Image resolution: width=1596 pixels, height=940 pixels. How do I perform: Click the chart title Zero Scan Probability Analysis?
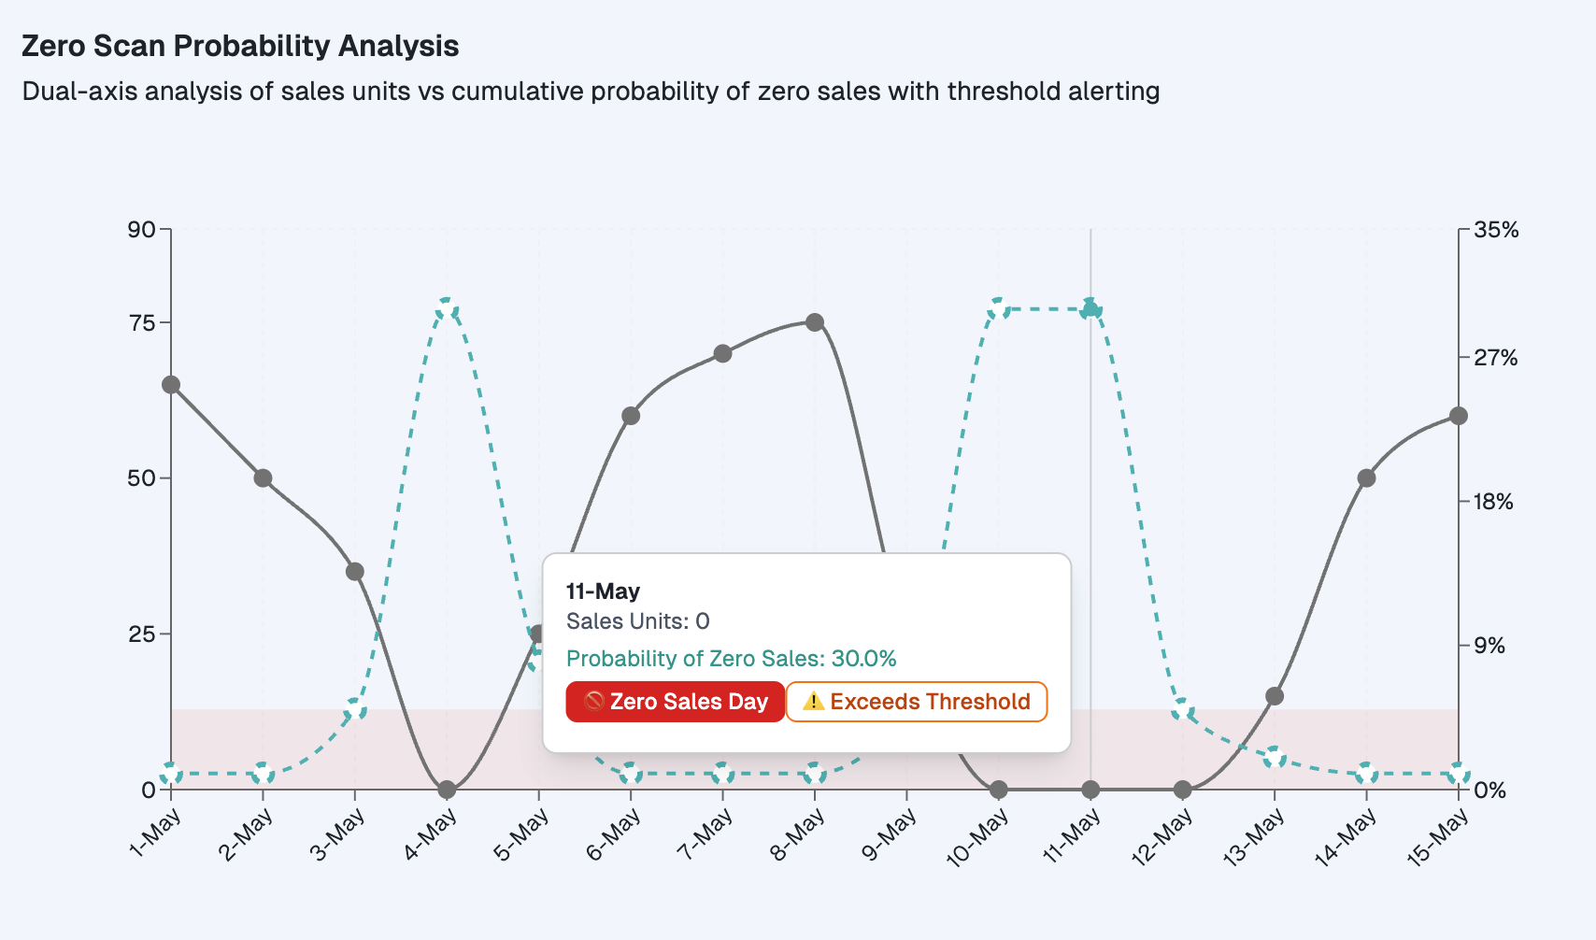pyautogui.click(x=240, y=46)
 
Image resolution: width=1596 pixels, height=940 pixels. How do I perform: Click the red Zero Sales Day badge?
pyautogui.click(x=675, y=702)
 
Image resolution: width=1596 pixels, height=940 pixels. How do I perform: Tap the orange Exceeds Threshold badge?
pyautogui.click(x=917, y=702)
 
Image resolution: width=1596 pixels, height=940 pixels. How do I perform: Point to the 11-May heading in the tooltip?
pyautogui.click(x=603, y=591)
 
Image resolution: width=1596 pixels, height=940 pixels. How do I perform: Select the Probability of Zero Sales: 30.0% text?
pyautogui.click(x=731, y=659)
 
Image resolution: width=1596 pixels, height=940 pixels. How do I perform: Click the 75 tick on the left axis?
pyautogui.click(x=141, y=323)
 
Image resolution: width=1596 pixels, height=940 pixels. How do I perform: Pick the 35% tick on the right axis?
pyautogui.click(x=1496, y=230)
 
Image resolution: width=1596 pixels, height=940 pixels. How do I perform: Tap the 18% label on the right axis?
pyautogui.click(x=1493, y=502)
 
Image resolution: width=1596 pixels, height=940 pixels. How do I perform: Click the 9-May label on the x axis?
pyautogui.click(x=890, y=834)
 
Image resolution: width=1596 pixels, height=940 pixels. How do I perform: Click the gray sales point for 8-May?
pyautogui.click(x=815, y=323)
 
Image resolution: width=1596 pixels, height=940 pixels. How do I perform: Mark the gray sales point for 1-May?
pyautogui.click(x=171, y=385)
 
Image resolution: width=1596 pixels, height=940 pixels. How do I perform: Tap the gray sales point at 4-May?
pyautogui.click(x=447, y=790)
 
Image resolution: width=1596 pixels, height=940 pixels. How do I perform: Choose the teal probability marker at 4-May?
pyautogui.click(x=447, y=309)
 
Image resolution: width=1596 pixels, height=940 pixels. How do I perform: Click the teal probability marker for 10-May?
pyautogui.click(x=999, y=309)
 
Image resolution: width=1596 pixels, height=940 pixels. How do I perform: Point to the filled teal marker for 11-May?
pyautogui.click(x=1090, y=309)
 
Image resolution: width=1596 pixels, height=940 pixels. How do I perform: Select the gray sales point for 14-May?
pyautogui.click(x=1366, y=478)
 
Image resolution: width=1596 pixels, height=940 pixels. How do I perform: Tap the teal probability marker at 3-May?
pyautogui.click(x=355, y=709)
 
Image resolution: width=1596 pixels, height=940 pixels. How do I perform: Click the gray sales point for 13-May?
pyautogui.click(x=1275, y=696)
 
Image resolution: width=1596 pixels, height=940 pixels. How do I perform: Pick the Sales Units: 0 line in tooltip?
pyautogui.click(x=637, y=621)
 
